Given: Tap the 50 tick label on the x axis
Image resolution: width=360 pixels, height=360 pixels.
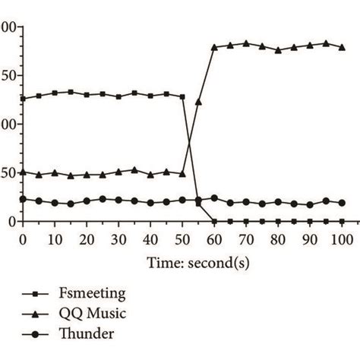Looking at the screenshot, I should [x=182, y=239].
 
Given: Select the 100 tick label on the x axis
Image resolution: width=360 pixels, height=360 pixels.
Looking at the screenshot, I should [x=342, y=239].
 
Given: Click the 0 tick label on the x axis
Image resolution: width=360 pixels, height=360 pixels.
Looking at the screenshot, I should [x=23, y=239].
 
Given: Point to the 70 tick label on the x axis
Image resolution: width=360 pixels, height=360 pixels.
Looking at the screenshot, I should [x=246, y=239].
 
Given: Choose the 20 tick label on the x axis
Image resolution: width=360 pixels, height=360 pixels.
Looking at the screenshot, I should [x=87, y=239].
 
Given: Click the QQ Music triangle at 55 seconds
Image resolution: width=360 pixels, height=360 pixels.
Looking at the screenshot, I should [x=198, y=101].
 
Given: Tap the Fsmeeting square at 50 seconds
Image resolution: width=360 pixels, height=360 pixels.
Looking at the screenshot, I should [x=182, y=96].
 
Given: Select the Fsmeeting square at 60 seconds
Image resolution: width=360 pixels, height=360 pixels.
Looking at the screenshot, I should [x=214, y=221].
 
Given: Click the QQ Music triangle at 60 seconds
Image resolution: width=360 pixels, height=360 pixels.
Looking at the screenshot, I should [x=214, y=47].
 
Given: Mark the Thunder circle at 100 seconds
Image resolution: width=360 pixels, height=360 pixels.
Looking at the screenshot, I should [x=342, y=203].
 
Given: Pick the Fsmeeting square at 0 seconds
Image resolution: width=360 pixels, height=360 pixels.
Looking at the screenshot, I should [x=23, y=98].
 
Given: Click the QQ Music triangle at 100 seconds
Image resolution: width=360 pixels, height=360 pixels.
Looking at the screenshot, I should [x=342, y=47].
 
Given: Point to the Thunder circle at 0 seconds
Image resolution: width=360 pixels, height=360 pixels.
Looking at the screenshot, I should [x=23, y=199].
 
